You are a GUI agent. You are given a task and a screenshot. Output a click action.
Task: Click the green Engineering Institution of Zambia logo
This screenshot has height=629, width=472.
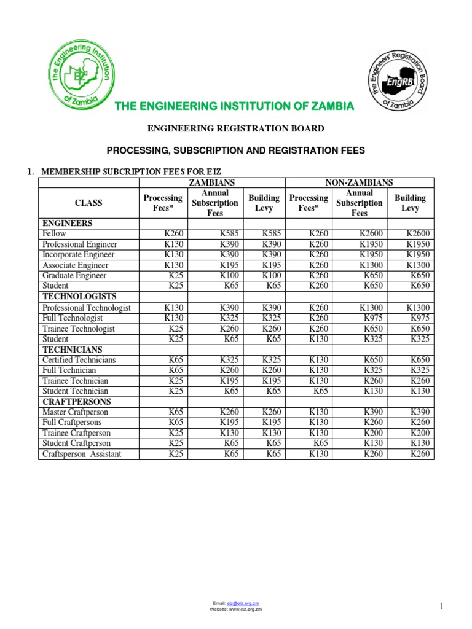[79, 78]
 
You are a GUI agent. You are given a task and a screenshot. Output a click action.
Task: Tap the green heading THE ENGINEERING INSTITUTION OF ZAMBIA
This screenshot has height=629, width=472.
[235, 106]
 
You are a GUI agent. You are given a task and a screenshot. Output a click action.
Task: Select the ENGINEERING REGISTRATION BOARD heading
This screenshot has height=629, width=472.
[236, 128]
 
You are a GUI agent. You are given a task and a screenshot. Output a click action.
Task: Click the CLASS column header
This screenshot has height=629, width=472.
[88, 203]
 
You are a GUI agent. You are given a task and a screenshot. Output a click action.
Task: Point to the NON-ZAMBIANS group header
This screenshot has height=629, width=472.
[360, 182]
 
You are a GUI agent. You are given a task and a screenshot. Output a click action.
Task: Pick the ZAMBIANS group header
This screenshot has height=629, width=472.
[212, 182]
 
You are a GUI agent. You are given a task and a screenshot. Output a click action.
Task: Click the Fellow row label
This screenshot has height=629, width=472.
[54, 233]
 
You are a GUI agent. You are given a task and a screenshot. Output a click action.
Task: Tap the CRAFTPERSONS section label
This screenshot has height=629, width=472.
[76, 402]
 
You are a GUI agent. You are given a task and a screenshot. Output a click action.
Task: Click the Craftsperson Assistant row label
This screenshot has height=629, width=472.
[82, 454]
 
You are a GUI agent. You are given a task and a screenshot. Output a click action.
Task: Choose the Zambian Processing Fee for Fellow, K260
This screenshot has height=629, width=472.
[173, 233]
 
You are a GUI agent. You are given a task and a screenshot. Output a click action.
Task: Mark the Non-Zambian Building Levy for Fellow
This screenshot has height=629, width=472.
[417, 233]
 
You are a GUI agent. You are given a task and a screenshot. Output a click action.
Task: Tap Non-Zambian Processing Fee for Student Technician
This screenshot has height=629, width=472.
[320, 391]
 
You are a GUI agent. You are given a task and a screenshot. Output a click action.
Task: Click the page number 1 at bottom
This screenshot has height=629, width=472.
[441, 607]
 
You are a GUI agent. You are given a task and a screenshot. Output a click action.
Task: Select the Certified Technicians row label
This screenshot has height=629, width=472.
[79, 360]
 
